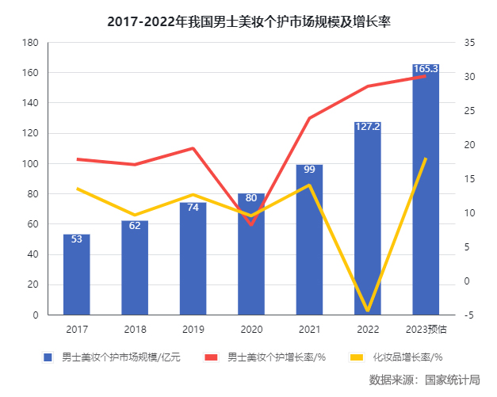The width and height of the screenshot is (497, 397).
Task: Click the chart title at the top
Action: click(x=249, y=21)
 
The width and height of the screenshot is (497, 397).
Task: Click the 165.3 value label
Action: click(x=426, y=70)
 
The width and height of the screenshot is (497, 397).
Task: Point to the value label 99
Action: click(x=309, y=170)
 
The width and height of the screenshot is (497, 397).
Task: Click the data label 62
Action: click(x=135, y=226)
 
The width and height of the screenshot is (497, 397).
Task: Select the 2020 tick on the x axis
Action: click(x=251, y=329)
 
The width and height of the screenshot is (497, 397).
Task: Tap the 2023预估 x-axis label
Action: click(x=426, y=329)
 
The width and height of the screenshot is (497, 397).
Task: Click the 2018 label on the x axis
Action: click(x=135, y=329)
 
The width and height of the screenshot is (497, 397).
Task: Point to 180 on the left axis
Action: click(x=31, y=43)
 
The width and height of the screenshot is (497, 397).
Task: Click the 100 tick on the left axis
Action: click(x=31, y=164)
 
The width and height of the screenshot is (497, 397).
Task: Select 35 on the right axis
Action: click(x=469, y=43)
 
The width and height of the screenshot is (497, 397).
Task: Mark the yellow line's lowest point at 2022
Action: click(x=367, y=311)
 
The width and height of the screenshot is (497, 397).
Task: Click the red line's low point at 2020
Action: click(x=251, y=225)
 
